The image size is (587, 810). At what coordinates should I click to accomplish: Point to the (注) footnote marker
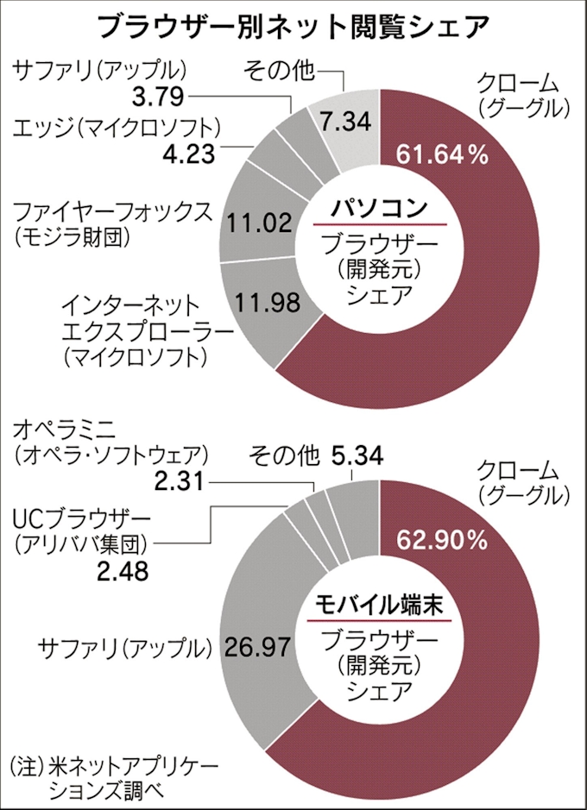point(26,765)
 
